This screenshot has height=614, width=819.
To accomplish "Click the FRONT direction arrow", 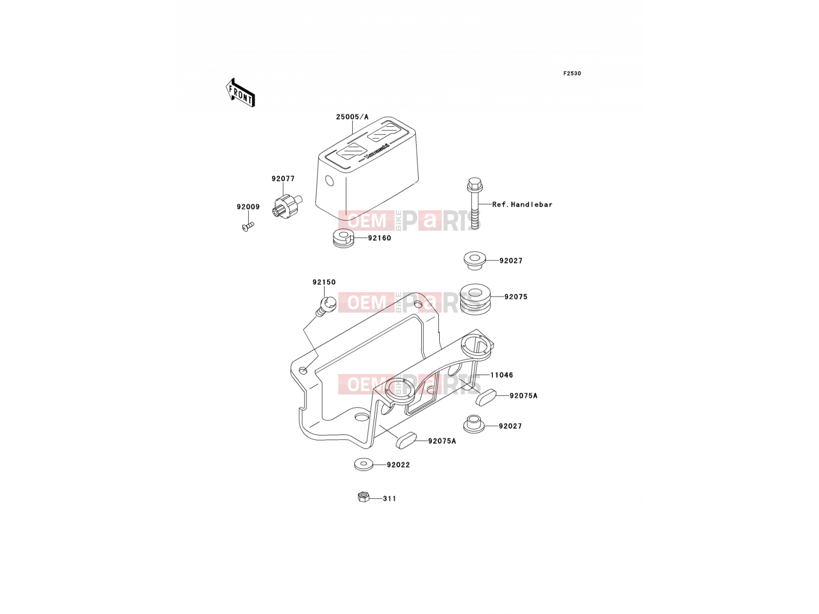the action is (240, 93).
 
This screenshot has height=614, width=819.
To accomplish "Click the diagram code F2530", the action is (572, 74).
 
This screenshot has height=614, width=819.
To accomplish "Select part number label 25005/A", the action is (352, 117).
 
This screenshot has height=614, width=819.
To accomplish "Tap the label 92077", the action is (283, 179).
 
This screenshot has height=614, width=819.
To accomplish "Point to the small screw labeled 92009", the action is (248, 226).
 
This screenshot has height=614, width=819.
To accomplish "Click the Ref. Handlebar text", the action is (522, 204).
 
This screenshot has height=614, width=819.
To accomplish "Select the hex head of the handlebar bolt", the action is (474, 184).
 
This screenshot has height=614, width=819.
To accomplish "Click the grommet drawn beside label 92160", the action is (343, 237).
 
